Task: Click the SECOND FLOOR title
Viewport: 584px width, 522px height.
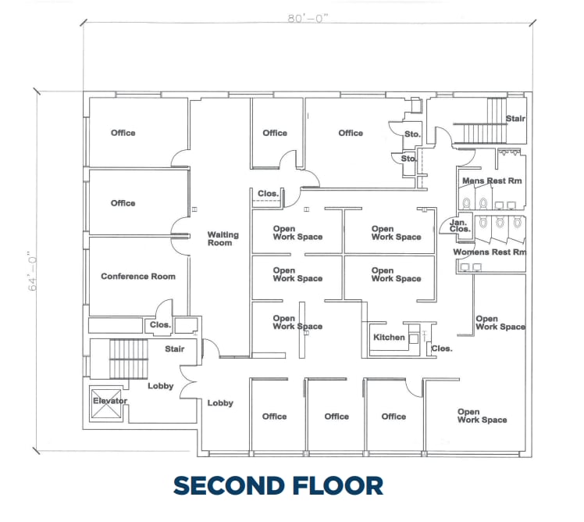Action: (x=278, y=485)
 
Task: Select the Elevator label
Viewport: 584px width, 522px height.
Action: (x=109, y=401)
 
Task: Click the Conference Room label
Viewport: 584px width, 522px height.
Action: (x=138, y=276)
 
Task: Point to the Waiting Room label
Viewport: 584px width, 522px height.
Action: (x=223, y=238)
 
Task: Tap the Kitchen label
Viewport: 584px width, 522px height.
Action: (x=389, y=338)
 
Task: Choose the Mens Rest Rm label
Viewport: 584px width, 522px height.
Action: (x=492, y=181)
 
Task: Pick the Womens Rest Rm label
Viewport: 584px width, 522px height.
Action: (x=490, y=252)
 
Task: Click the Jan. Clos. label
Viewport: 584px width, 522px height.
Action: (x=460, y=226)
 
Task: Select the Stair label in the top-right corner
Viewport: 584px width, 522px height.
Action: (x=515, y=119)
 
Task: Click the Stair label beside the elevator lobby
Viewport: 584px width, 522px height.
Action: (x=174, y=349)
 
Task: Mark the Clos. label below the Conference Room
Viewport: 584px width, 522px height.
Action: (x=160, y=324)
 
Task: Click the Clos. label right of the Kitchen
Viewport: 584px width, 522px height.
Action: (x=442, y=349)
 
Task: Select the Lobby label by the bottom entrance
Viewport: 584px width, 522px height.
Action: (x=220, y=403)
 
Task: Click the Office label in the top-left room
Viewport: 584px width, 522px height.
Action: (x=123, y=133)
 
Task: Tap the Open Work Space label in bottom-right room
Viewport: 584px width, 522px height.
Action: (x=482, y=416)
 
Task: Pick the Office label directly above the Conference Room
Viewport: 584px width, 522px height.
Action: (x=123, y=203)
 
